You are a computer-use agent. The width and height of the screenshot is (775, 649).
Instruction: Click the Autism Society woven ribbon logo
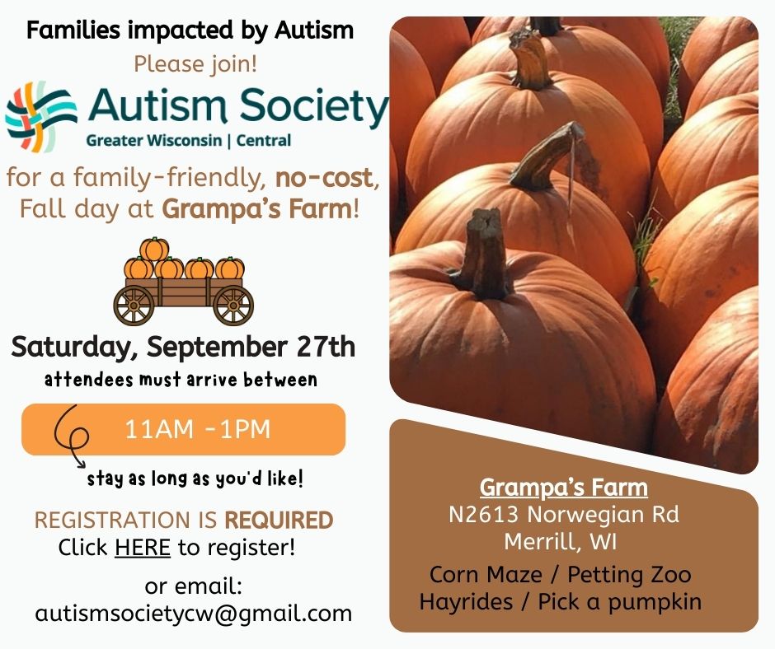coord(40,116)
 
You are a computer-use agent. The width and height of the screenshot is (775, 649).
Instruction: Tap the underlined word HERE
coord(143,547)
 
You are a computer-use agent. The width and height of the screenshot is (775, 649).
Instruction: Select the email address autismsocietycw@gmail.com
coord(193,613)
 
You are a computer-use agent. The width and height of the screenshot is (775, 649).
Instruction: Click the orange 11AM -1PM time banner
coord(183,429)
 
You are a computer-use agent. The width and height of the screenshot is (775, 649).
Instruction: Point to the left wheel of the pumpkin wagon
coord(134,306)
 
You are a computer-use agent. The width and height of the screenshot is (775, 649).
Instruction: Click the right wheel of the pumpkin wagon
coord(233,306)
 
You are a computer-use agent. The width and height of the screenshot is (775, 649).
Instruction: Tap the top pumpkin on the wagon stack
coord(154,249)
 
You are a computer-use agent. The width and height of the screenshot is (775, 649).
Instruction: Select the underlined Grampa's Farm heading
coord(563,488)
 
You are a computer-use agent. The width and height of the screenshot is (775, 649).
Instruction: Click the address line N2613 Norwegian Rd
coord(563,514)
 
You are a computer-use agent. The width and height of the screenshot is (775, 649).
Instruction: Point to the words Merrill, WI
coord(561,541)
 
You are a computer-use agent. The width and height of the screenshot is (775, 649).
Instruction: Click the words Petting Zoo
coord(629,574)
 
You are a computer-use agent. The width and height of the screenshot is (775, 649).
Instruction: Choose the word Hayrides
coord(466,601)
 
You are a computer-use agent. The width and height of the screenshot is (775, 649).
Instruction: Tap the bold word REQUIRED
coord(279,520)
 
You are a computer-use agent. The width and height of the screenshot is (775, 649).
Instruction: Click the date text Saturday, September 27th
coord(183,347)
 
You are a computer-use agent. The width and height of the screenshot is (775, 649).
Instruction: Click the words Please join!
coord(195,64)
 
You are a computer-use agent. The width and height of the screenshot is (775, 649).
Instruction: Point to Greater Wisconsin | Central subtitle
coord(188,141)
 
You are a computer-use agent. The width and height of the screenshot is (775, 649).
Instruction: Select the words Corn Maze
coord(486,574)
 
